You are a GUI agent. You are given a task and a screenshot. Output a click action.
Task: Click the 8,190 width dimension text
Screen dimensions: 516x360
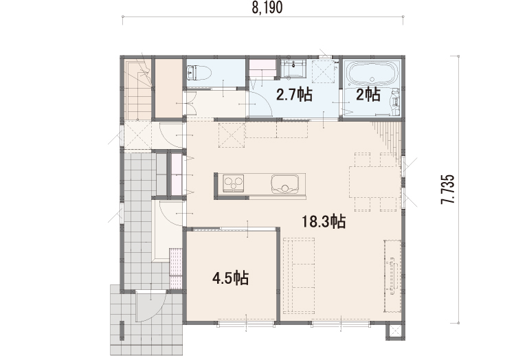[267, 8]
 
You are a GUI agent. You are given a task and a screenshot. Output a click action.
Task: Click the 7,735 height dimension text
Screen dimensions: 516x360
[447, 190]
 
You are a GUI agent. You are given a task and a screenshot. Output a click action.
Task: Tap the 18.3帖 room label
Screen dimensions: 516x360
[324, 221]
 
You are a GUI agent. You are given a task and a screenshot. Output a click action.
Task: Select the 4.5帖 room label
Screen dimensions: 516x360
[230, 278]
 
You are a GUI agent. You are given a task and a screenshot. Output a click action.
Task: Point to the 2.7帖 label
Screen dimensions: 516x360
[294, 95]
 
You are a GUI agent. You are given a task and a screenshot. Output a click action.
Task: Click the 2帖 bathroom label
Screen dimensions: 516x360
[368, 95]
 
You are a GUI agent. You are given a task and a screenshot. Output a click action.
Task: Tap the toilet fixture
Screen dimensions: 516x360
[199, 73]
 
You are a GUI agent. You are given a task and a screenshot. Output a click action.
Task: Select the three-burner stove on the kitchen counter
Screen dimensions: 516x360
[234, 183]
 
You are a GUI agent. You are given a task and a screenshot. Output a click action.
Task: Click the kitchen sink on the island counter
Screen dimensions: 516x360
[285, 183]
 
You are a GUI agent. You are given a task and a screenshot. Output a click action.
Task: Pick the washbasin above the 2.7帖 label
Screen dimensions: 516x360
[293, 69]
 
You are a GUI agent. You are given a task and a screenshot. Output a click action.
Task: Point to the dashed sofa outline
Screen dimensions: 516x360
[299, 275]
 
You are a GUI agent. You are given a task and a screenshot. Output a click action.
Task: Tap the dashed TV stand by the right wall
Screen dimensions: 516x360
[393, 276]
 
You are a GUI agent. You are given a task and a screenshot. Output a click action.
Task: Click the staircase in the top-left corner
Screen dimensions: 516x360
[138, 89]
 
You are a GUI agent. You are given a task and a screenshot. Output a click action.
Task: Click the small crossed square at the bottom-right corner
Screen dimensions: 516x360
[395, 332]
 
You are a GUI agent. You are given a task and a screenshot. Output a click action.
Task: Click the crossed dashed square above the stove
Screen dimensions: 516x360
[232, 135]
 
